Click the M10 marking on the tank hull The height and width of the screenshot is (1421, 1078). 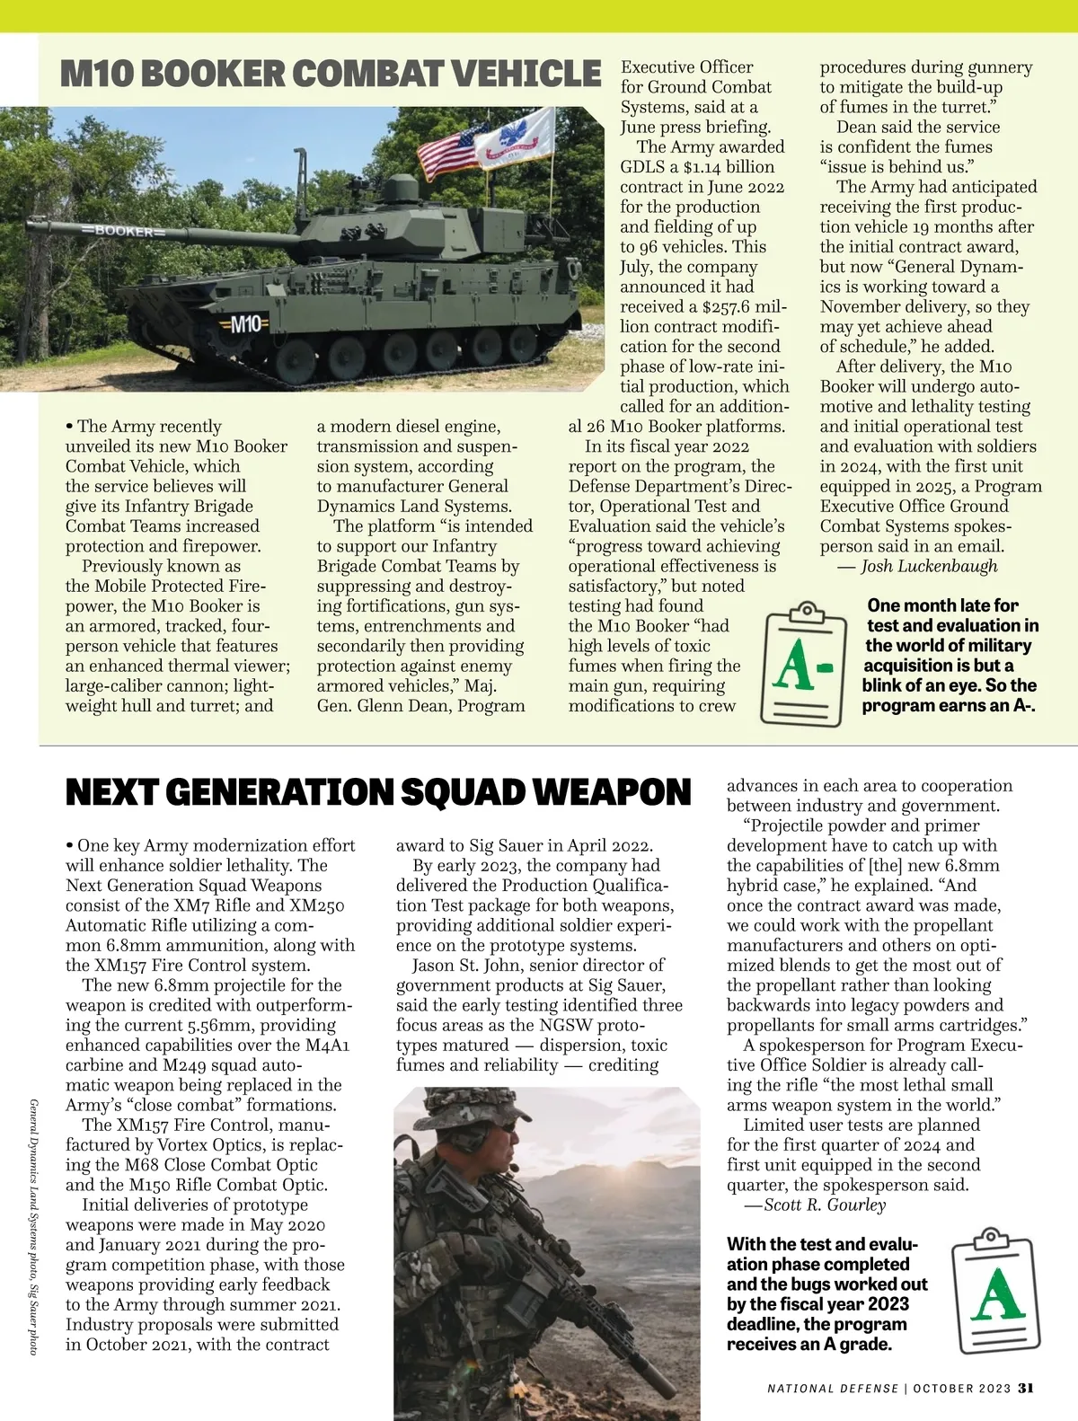coord(245,323)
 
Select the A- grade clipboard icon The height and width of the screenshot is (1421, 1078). coord(804,663)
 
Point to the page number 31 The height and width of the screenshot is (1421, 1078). coord(1026,1388)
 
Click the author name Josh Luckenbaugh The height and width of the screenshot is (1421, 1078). coord(929,566)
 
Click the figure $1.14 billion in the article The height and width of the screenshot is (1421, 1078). coord(729,167)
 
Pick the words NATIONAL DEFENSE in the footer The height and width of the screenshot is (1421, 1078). coord(833,1388)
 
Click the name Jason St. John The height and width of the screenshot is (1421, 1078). coord(473,966)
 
